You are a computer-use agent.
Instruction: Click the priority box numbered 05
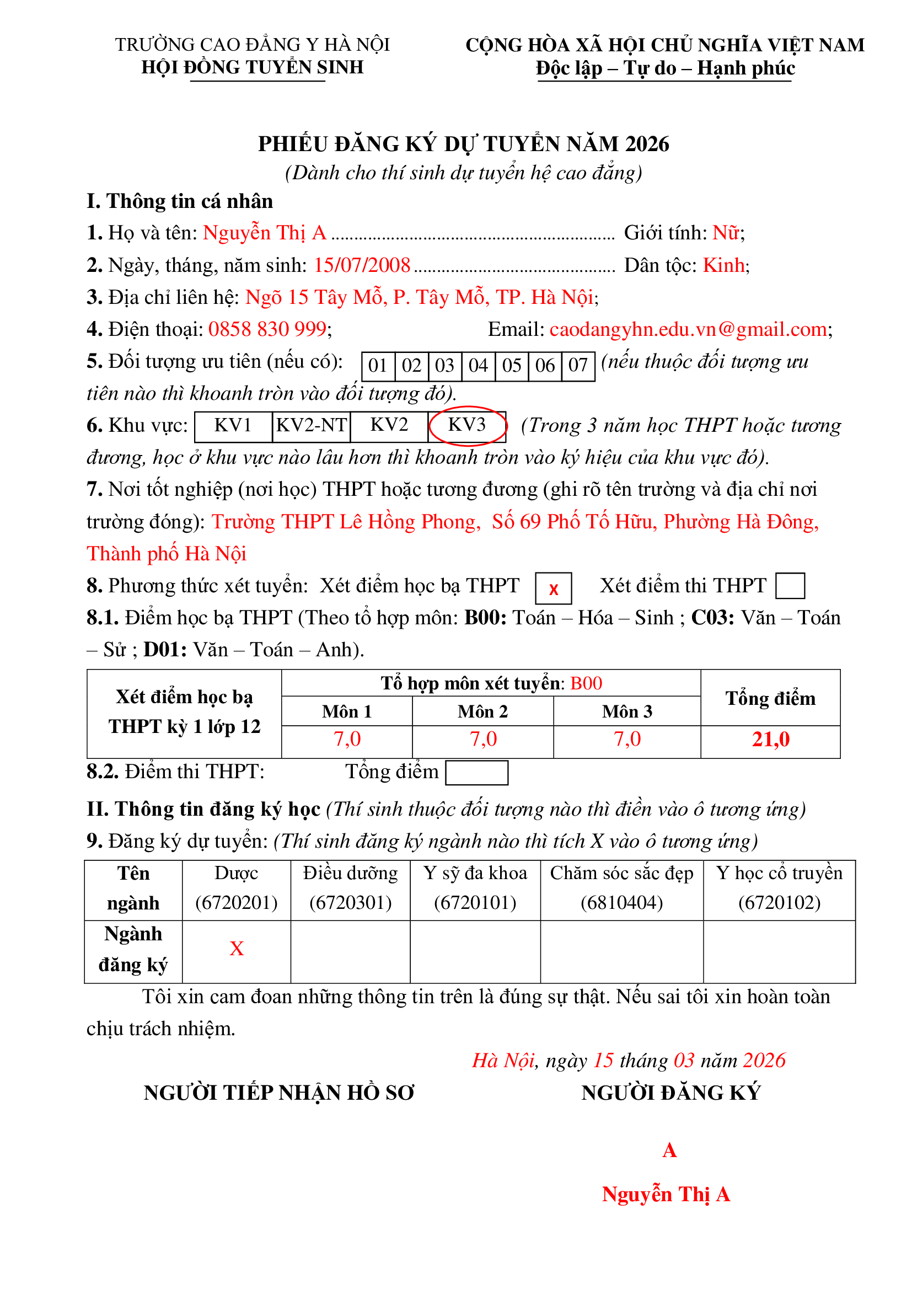coord(512,366)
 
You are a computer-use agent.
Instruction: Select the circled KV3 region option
coord(466,425)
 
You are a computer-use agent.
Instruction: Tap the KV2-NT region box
coord(311,425)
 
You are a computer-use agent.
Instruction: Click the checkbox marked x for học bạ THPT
coord(553,588)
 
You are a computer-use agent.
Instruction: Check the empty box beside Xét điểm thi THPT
coord(790,586)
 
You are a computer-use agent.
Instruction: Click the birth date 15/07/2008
coord(362,265)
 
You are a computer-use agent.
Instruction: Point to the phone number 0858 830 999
coord(267,329)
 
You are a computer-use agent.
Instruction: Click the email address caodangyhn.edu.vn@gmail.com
coord(689,329)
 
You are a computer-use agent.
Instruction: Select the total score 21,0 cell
coord(770,740)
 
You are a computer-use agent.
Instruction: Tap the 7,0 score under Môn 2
coord(483,740)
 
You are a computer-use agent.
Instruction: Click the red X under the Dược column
coord(237,949)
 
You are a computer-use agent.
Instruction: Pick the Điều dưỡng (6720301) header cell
coord(351,888)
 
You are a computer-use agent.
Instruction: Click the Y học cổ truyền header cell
coord(779,888)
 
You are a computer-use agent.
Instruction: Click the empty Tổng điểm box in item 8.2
coord(476,773)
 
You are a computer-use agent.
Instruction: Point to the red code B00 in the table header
coord(586,683)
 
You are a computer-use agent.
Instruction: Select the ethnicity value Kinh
coord(724,265)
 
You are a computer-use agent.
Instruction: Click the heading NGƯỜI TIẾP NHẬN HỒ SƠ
coord(278,1093)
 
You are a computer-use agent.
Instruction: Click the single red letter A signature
coord(669,1150)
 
